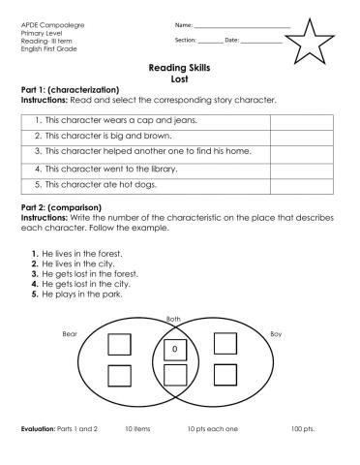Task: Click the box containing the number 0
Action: click(175, 346)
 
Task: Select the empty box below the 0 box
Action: click(175, 375)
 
